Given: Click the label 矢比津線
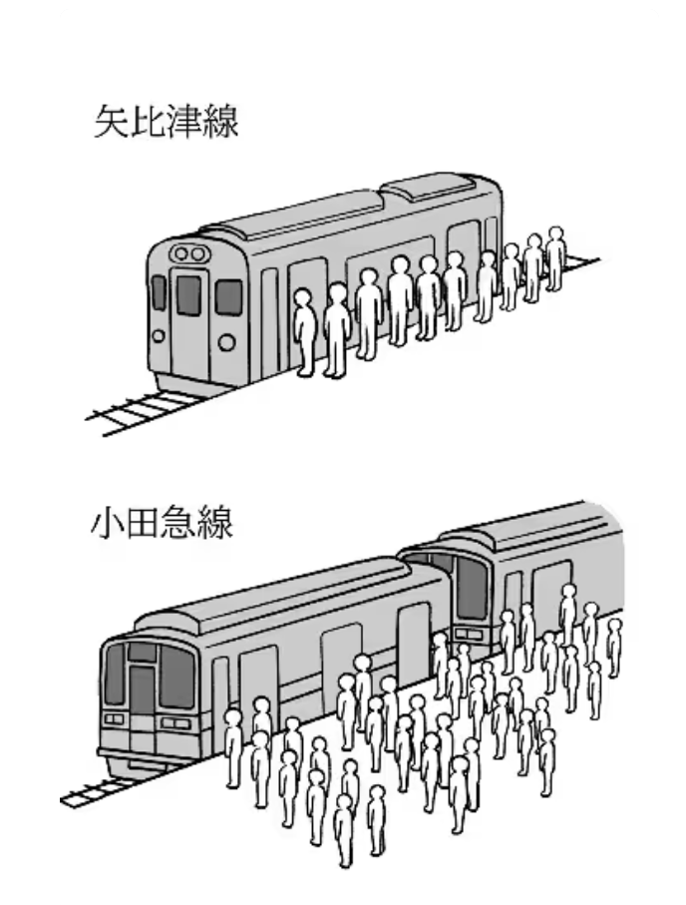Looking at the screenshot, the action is (x=167, y=121).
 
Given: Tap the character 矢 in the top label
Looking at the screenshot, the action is (x=112, y=121).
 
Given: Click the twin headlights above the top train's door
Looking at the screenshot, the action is (x=188, y=253).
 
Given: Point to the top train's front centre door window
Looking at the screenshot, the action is (x=188, y=294).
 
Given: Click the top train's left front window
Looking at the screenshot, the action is (x=159, y=292).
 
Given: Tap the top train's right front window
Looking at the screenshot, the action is (x=229, y=297).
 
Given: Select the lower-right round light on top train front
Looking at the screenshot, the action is (x=226, y=343).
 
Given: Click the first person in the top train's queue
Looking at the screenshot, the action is (x=304, y=332).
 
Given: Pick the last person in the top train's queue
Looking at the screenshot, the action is (x=555, y=257).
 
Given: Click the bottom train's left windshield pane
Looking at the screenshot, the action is (x=115, y=674).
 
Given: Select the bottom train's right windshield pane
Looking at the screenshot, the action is (x=175, y=677).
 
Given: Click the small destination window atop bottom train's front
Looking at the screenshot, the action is (x=142, y=652).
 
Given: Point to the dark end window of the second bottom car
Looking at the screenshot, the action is (x=472, y=588).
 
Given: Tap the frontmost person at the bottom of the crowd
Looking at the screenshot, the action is (x=344, y=830).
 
